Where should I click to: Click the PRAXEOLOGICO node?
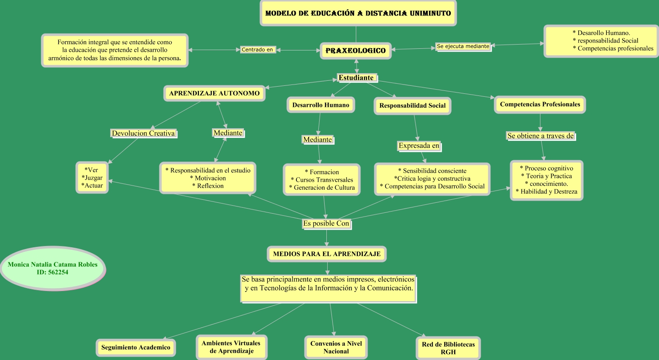pyautogui.click(x=356, y=51)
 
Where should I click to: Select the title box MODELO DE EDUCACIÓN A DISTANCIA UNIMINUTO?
pyautogui.click(x=358, y=13)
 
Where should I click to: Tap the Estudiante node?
pyautogui.click(x=356, y=78)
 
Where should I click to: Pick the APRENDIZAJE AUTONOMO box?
pyautogui.click(x=214, y=93)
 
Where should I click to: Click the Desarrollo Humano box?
pyautogui.click(x=320, y=105)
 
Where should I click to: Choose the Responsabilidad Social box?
pyautogui.click(x=412, y=106)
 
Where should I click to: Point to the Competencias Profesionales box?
pyautogui.click(x=540, y=105)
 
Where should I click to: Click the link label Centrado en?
pyautogui.click(x=257, y=50)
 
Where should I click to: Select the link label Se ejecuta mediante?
pyautogui.click(x=463, y=46)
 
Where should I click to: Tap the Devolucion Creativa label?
pyautogui.click(x=143, y=133)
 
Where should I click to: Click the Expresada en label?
pyautogui.click(x=419, y=146)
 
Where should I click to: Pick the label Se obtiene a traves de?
pyautogui.click(x=540, y=136)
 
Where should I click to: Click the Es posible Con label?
pyautogui.click(x=326, y=224)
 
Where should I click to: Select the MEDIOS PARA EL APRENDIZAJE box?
pyautogui.click(x=327, y=254)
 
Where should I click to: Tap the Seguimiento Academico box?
pyautogui.click(x=135, y=347)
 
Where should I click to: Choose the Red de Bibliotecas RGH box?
pyautogui.click(x=448, y=348)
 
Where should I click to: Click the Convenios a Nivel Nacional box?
pyautogui.click(x=336, y=347)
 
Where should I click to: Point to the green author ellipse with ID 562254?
pyautogui.click(x=53, y=268)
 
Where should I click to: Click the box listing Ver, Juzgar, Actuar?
pyautogui.click(x=92, y=177)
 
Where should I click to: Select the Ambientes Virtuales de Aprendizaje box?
pyautogui.click(x=231, y=347)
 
